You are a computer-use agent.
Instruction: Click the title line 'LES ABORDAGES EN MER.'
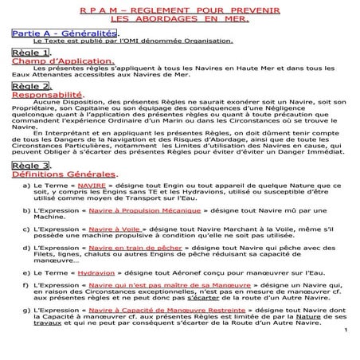[178, 17]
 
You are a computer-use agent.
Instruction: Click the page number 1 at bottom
[347, 331]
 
